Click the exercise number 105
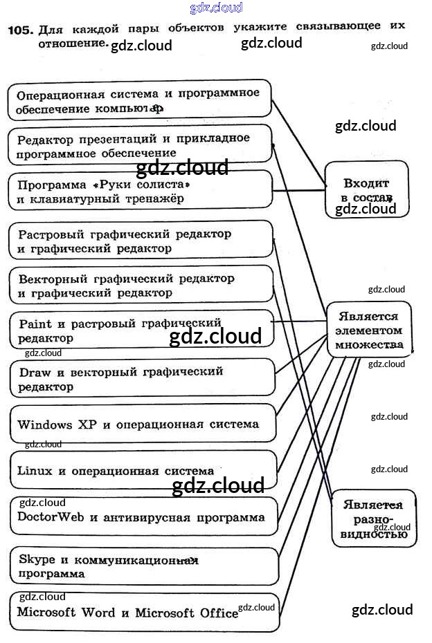[19, 30]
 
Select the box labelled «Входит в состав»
[366, 189]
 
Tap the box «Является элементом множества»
[368, 330]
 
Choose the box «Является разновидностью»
[374, 519]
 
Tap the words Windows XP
[57, 424]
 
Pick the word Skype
[35, 559]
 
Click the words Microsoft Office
[186, 613]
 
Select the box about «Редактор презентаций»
[139, 145]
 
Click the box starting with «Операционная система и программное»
[139, 100]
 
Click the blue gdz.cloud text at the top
[216, 8]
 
